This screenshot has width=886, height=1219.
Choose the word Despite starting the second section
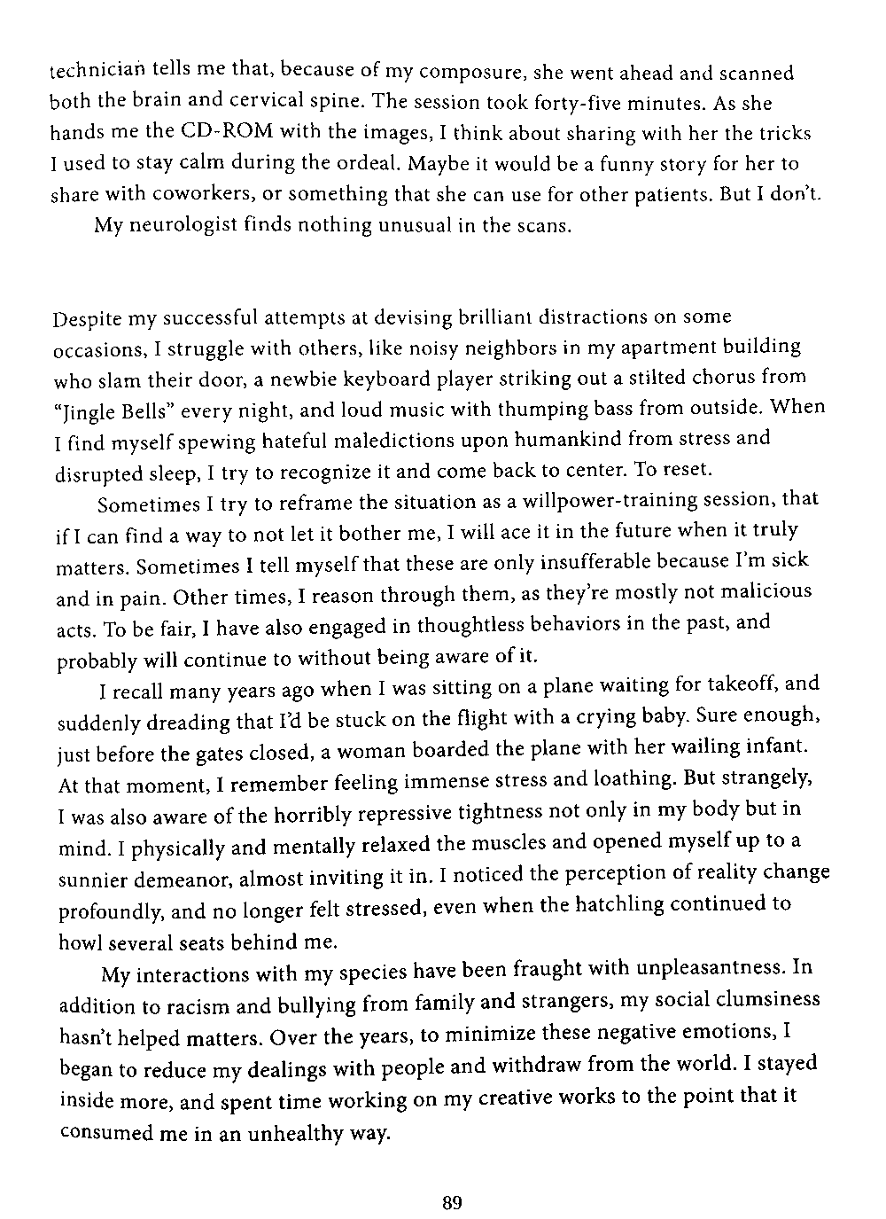88,317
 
